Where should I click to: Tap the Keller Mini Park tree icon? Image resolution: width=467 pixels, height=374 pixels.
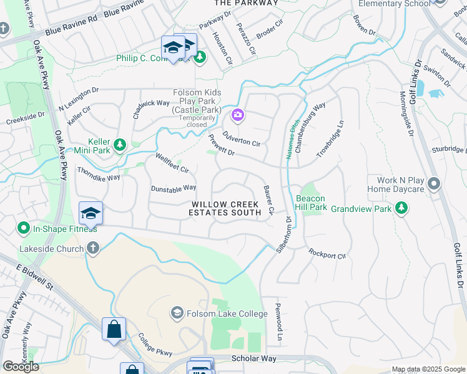coord(119,145)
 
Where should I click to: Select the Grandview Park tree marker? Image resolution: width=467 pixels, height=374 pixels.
coord(403,208)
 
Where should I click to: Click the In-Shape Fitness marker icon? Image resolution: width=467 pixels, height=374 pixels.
coord(24,228)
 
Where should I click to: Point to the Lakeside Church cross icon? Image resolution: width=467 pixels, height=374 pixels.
coord(92,249)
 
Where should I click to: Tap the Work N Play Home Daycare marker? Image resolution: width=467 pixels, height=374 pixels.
coord(435,185)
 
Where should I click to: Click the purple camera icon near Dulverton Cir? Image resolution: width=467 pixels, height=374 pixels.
coord(237,115)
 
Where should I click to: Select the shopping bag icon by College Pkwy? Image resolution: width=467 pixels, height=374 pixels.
coord(114,329)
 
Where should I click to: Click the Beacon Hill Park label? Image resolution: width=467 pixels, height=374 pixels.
coord(310,201)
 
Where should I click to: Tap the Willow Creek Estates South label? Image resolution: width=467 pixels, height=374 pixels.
coord(226,208)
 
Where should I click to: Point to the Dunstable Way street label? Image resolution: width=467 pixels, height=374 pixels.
coord(174,188)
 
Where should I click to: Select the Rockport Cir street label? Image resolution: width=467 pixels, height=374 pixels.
coord(327,254)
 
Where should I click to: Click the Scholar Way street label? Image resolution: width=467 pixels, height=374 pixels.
coord(253,358)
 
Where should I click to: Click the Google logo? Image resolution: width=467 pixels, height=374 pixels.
coord(21,367)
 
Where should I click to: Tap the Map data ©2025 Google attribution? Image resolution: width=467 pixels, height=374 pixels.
coord(428,369)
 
